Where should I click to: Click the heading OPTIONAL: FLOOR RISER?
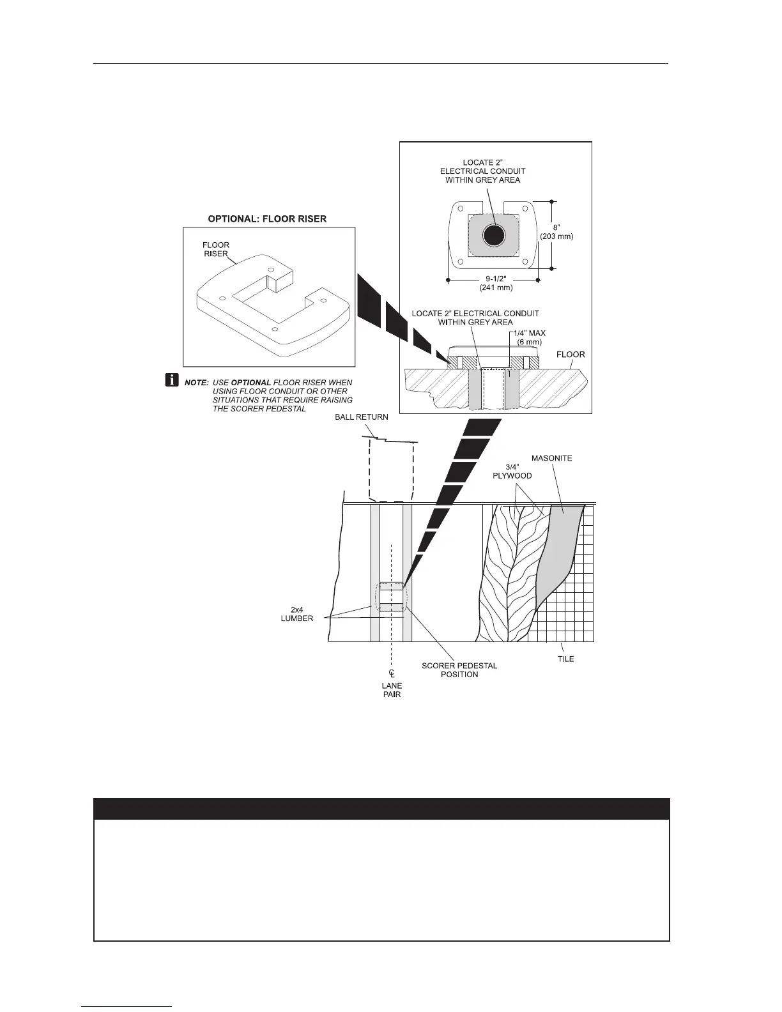point(267,218)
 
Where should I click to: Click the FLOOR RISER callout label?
point(216,249)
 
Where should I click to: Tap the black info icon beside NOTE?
point(172,381)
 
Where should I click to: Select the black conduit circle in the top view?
point(493,236)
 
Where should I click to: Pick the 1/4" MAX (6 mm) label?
point(528,337)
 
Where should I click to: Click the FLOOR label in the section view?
point(571,354)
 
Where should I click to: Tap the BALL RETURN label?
point(362,417)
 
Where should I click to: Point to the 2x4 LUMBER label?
point(296,614)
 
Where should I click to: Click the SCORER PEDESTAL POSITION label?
point(459,670)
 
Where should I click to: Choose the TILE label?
point(565,659)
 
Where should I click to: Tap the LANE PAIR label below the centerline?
point(392,690)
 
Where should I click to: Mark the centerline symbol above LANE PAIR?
point(392,674)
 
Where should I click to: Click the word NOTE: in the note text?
point(196,382)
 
